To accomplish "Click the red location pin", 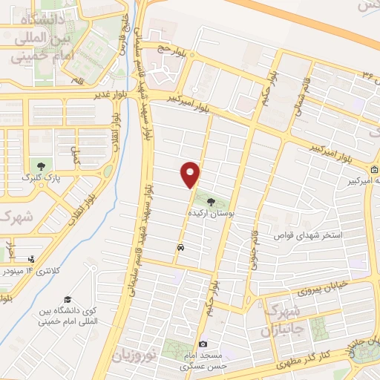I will pyautogui.click(x=191, y=174).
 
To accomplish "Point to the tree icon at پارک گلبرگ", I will pyautogui.click(x=40, y=167).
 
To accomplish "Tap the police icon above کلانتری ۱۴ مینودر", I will pyautogui.click(x=31, y=260).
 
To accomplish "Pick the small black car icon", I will pyautogui.click(x=180, y=246).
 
